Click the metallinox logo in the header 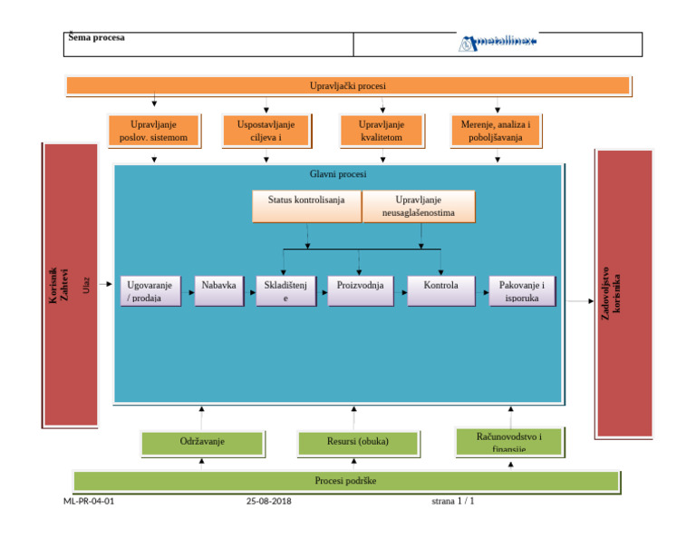coord(498,43)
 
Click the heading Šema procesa coord(97,38)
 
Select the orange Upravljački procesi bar coord(348,86)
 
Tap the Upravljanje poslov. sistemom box coord(153,131)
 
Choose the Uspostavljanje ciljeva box coord(266,131)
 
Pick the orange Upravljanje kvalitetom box coord(382,131)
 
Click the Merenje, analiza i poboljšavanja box coord(497,131)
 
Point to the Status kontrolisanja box coord(306,206)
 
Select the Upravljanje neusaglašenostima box coord(419,206)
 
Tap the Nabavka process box coord(218,291)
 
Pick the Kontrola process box coord(441,291)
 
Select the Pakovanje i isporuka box coord(522,291)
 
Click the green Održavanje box coord(202,443)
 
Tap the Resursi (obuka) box coord(358,443)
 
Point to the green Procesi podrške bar coord(345,481)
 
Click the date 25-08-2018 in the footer coord(268,501)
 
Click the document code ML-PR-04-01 coord(89,501)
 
